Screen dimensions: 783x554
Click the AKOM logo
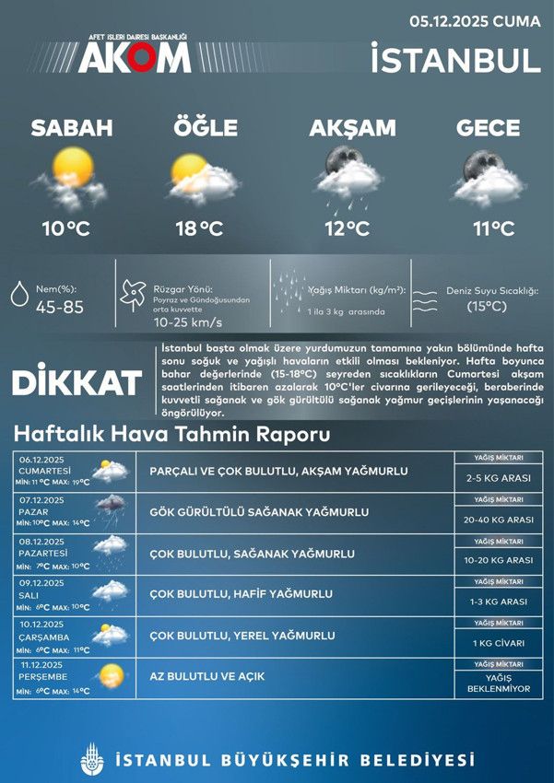[134, 56]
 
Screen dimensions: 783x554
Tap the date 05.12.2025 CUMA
[475, 20]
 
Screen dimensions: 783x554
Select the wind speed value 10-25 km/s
[188, 322]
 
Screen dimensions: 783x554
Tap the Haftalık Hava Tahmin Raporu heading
[171, 435]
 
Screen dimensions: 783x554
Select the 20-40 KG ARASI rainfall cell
[499, 520]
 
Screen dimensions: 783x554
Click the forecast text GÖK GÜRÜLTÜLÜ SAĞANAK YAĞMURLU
[259, 512]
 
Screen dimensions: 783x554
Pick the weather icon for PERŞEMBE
[111, 675]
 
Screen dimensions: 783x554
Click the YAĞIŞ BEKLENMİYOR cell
[499, 683]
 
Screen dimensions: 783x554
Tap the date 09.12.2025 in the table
[42, 582]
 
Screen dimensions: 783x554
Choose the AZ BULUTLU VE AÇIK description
[207, 677]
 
